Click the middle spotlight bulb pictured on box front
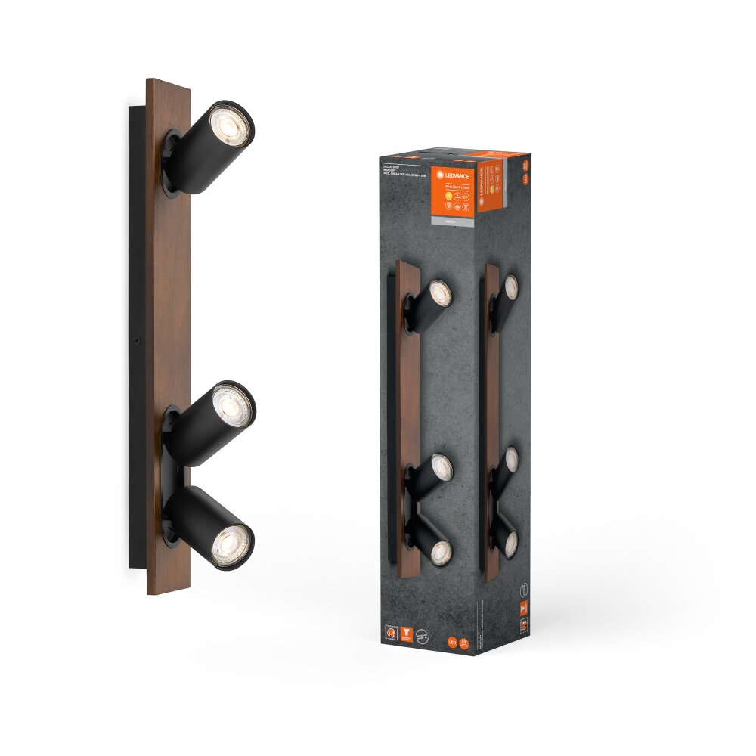(x=441, y=469)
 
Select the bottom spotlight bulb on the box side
(x=511, y=543)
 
